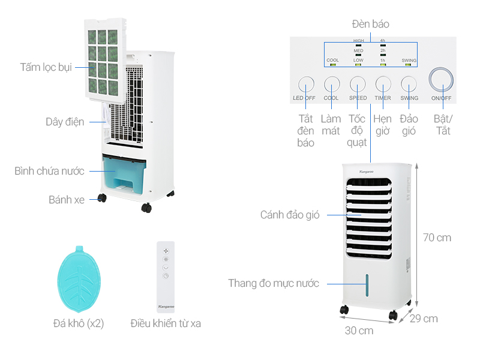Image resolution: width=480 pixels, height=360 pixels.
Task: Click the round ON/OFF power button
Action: (441, 80)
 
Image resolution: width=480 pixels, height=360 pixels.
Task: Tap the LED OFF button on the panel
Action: (306, 83)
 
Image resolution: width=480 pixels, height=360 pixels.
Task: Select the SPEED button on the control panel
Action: (358, 83)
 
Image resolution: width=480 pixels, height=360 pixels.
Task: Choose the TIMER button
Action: (383, 83)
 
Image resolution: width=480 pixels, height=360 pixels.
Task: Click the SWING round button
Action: (409, 83)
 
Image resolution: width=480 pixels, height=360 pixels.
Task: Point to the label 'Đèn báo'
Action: (370, 24)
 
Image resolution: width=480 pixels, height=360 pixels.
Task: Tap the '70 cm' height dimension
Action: (436, 238)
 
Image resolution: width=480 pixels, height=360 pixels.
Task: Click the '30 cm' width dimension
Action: (359, 330)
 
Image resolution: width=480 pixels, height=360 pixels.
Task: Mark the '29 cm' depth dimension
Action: (424, 319)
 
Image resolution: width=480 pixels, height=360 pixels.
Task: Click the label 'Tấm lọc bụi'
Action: (46, 67)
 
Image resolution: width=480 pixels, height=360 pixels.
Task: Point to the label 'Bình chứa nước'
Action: (49, 171)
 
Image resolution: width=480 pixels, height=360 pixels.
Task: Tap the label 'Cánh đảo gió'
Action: (290, 215)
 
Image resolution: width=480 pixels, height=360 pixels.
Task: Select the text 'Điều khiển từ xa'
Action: (166, 323)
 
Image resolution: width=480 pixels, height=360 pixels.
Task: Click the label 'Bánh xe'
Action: (67, 200)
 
